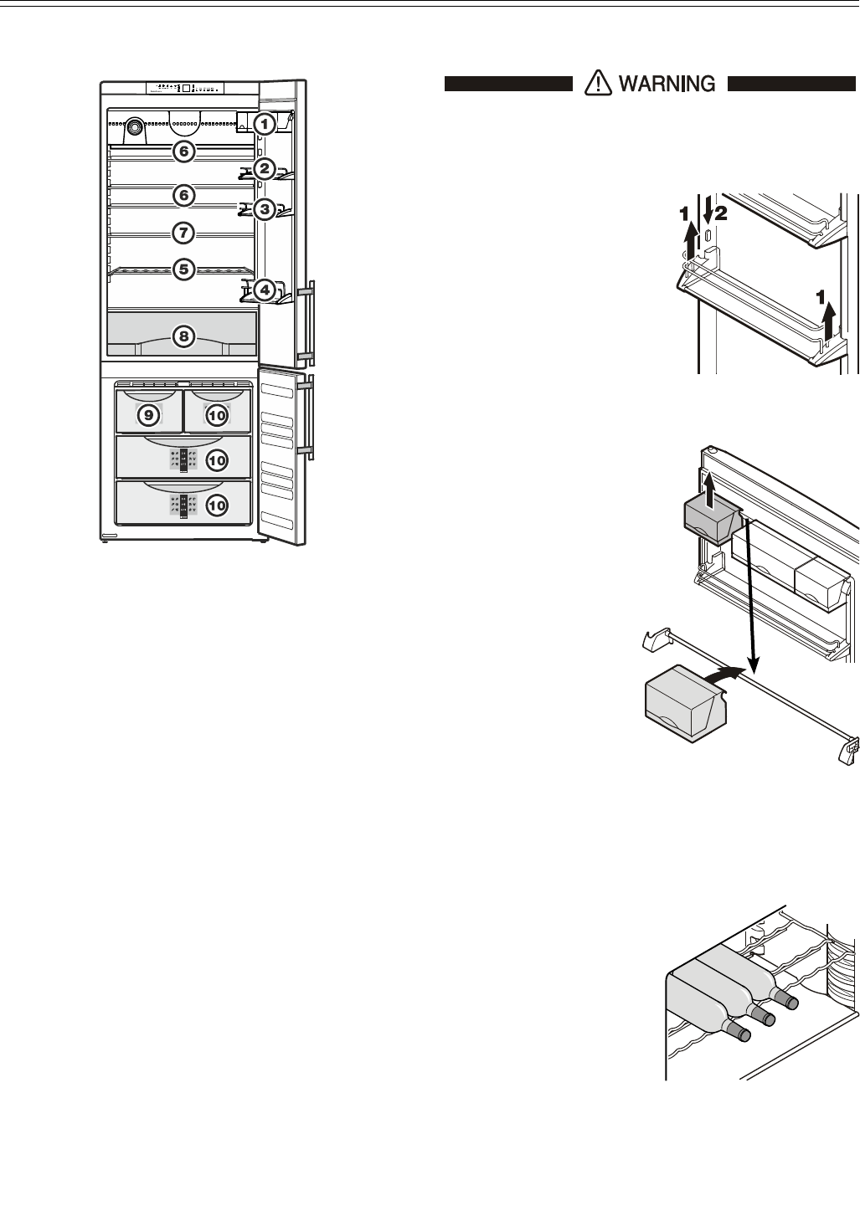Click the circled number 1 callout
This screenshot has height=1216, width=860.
264,125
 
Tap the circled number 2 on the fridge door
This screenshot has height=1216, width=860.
264,169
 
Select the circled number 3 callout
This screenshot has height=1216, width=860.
264,208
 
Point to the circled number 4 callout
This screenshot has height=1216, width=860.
264,291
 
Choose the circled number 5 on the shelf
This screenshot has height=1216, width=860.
183,269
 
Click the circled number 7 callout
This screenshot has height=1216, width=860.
183,231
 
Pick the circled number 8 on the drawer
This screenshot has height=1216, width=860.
183,337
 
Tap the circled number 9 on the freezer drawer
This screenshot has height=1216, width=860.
148,413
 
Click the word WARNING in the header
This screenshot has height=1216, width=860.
667,83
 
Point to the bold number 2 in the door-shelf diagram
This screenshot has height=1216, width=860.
722,214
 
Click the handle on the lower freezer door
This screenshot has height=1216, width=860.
306,417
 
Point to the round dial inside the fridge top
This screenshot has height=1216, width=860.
132,131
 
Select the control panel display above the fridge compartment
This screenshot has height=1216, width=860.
186,87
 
